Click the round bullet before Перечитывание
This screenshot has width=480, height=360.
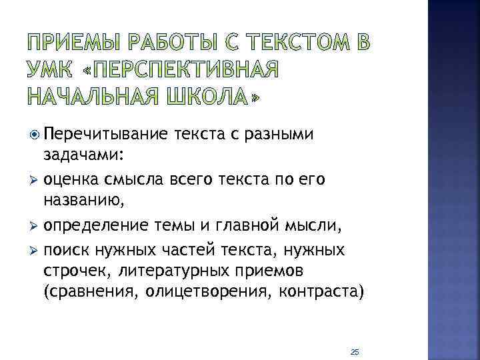34,135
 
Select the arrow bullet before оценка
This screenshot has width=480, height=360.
34,180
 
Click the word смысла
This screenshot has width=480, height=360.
125,180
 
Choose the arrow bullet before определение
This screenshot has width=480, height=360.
34,225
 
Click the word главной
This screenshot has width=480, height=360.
273,225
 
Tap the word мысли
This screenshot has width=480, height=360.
323,225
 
